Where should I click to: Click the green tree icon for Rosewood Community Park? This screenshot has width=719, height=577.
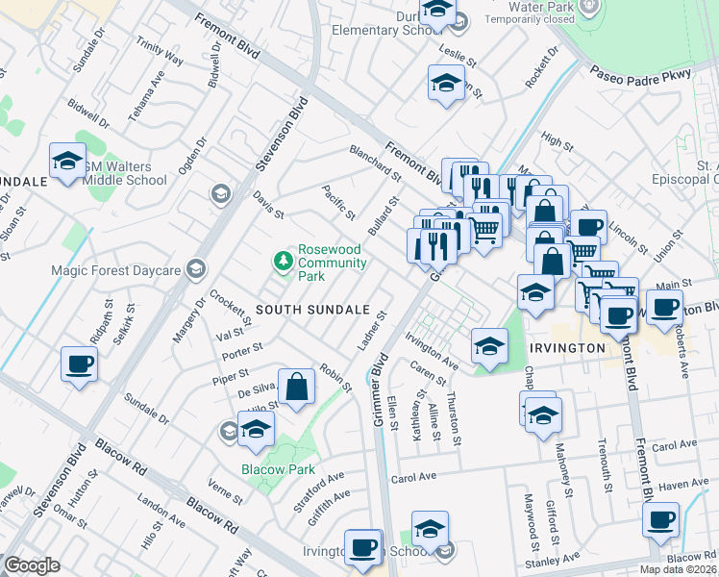[x=284, y=260]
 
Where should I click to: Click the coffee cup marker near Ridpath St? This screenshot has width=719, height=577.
[x=80, y=365]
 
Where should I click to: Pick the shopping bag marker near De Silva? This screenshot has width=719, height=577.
[x=297, y=388]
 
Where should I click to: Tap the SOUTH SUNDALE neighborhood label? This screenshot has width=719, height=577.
[x=312, y=310]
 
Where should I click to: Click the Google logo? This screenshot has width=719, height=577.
[x=32, y=565]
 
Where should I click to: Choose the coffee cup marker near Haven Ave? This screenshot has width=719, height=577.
[x=660, y=520]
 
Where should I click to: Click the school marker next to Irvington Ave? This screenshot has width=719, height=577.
[x=489, y=346]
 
